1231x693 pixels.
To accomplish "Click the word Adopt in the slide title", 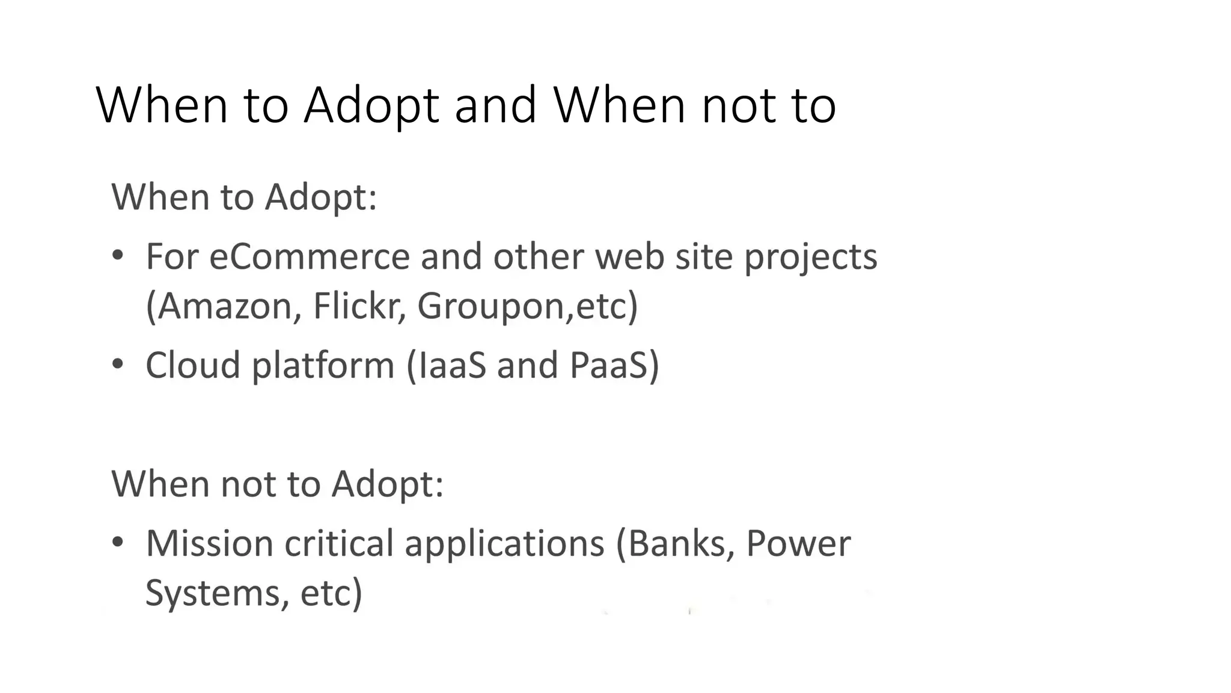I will point(371,106).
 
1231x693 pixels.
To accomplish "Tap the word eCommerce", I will point(309,257).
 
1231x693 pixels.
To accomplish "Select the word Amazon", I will point(224,306).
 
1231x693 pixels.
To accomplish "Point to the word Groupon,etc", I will point(527,306).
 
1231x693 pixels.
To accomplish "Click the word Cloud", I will point(193,365).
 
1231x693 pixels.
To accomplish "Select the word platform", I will point(323,366).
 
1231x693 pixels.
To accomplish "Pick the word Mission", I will point(209,543).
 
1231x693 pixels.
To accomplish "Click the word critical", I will point(338,543).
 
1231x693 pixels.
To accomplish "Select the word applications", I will point(504,544).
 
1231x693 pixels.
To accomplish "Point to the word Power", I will point(798,543).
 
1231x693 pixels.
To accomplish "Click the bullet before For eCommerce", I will point(118,256).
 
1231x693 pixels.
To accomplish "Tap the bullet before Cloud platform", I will point(118,364).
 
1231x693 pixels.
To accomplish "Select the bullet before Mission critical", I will point(118,542).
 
